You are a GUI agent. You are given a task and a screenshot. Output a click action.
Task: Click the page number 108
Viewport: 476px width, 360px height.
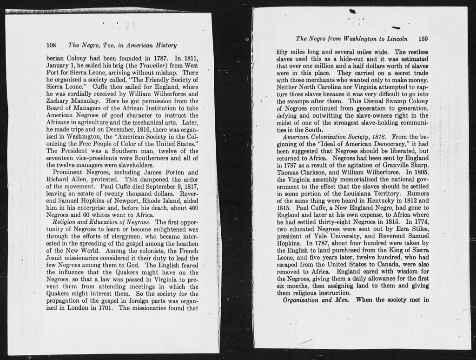point(51,45)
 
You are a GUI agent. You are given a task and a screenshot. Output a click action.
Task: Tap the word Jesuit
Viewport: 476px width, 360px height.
point(57,257)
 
